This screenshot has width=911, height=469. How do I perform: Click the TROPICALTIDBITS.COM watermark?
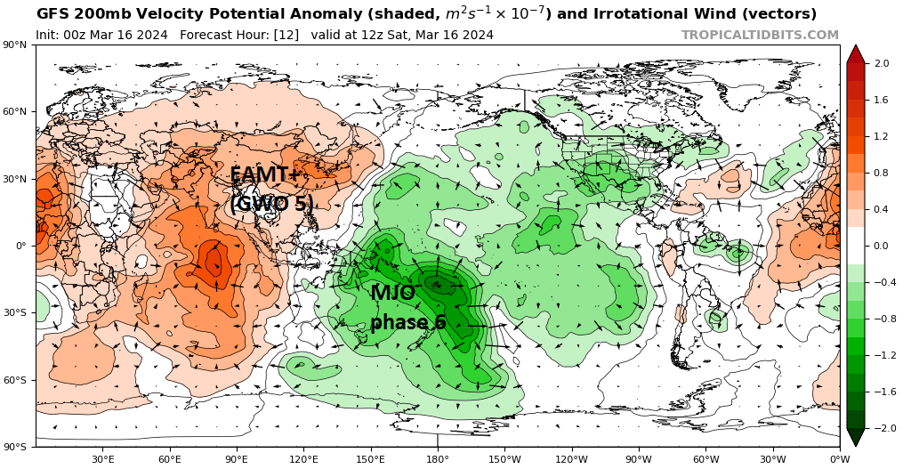(760, 35)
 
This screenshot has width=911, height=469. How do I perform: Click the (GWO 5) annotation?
(271, 204)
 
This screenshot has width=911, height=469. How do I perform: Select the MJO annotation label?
(392, 293)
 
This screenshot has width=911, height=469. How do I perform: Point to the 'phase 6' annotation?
(407, 322)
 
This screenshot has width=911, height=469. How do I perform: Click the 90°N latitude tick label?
(16, 44)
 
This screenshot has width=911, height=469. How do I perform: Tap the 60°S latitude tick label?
(16, 380)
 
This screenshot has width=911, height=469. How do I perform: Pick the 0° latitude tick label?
(20, 246)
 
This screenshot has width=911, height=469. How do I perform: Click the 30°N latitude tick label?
(16, 179)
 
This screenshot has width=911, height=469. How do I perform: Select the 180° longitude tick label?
(438, 459)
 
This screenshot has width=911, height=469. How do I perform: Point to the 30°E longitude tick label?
(103, 459)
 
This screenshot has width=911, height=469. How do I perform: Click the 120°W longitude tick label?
(571, 459)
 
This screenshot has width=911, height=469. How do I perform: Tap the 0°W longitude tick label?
(839, 459)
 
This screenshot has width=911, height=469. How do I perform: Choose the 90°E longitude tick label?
(237, 459)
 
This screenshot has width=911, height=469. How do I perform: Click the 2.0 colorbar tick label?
(882, 64)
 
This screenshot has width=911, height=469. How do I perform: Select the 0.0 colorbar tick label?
(882, 246)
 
